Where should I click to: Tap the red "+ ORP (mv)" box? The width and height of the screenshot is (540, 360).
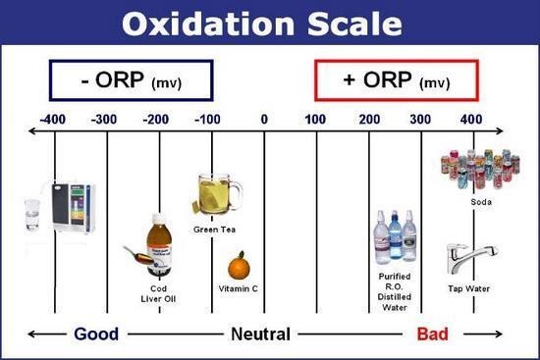pyautogui.click(x=396, y=80)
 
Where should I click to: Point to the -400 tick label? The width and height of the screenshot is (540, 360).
pyautogui.click(x=54, y=120)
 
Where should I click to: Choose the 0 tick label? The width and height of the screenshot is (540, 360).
pyautogui.click(x=264, y=120)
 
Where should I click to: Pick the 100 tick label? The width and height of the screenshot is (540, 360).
pyautogui.click(x=316, y=120)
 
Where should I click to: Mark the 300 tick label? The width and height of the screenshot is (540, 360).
pyautogui.click(x=421, y=120)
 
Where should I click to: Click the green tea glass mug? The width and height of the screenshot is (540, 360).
pyautogui.click(x=217, y=194)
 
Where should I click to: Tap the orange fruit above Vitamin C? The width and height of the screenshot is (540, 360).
pyautogui.click(x=238, y=266)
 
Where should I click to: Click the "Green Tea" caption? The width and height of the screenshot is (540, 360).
pyautogui.click(x=213, y=230)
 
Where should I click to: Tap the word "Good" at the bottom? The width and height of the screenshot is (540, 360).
pyautogui.click(x=96, y=334)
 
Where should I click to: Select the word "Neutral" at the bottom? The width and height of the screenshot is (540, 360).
pyautogui.click(x=260, y=334)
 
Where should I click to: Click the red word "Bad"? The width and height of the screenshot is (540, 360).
pyautogui.click(x=432, y=334)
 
